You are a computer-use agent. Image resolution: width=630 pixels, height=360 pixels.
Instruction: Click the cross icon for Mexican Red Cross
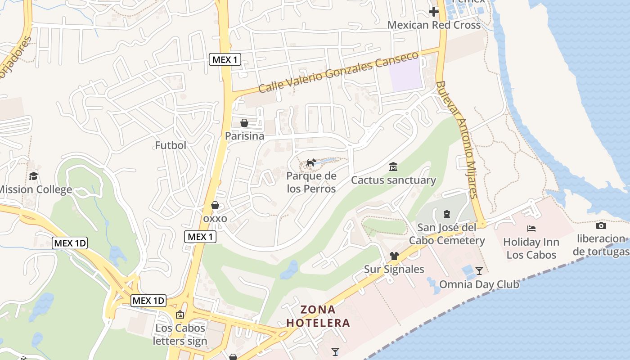coord(434,12)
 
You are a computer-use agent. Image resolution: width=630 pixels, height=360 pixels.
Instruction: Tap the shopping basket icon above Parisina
coord(244,123)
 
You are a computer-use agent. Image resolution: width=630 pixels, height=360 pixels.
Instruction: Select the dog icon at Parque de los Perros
coord(311,162)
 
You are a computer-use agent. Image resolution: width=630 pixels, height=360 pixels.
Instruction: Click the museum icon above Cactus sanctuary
coord(393,167)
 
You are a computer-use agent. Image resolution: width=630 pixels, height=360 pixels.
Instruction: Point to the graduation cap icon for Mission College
coord(33,176)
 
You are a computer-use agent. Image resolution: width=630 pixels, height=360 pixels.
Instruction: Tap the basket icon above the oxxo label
coord(215,205)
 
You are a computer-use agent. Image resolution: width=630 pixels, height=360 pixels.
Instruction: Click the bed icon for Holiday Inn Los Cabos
coord(531,229)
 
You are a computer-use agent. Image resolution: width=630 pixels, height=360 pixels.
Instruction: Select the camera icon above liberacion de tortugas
coord(601,225)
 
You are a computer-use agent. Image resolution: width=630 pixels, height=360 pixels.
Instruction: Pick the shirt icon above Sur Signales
coord(394,256)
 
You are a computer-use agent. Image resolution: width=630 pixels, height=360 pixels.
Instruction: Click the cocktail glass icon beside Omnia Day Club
coord(479,270)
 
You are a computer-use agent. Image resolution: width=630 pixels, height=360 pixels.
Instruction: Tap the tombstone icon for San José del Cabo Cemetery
coord(446,214)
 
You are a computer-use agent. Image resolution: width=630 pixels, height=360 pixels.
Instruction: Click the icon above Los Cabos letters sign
coord(180,315)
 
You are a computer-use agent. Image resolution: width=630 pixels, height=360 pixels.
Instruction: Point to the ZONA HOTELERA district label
coord(318,316)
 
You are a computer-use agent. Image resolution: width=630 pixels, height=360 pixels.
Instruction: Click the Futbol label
coord(171,145)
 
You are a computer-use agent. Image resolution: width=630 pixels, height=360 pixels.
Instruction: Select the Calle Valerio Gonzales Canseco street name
coord(338,72)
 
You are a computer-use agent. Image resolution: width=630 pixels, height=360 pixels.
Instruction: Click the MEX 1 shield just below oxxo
coord(200,237)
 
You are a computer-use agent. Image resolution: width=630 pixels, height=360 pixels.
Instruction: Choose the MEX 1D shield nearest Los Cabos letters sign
coord(148,301)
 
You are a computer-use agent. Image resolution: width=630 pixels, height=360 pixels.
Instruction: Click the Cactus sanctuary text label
coord(393,180)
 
